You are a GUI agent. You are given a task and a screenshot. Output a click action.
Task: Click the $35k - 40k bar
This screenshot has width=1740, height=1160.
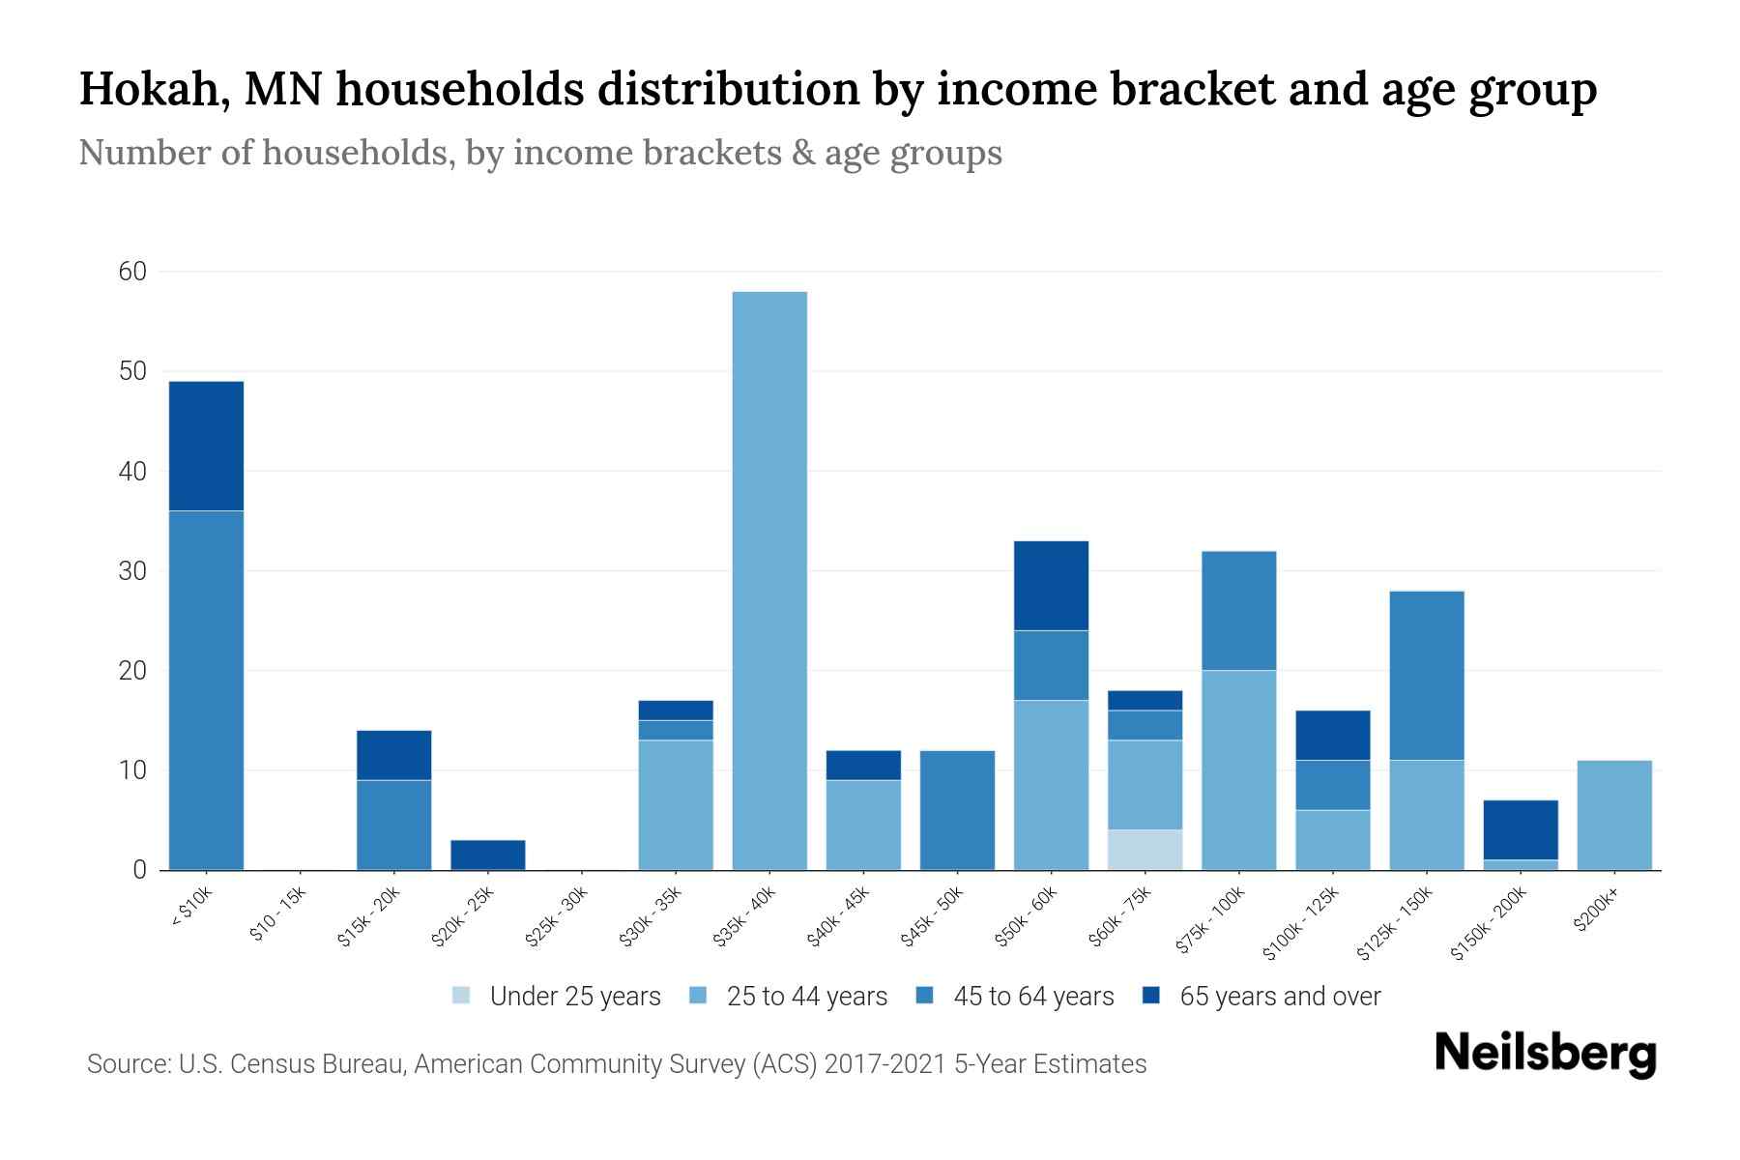pos(769,580)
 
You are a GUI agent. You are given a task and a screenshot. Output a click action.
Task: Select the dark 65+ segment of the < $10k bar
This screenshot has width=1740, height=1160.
pos(206,446)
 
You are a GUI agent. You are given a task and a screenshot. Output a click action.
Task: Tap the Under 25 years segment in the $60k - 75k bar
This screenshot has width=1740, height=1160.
pos(1145,850)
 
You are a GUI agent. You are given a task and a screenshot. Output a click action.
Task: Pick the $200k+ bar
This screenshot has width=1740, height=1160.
pos(1613,815)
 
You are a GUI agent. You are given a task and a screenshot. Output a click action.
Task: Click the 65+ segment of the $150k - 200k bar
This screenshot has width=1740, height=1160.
pos(1520,829)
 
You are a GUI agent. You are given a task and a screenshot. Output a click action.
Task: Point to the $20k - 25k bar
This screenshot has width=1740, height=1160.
pos(487,855)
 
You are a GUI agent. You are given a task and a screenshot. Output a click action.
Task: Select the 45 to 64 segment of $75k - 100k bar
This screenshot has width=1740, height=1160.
pos(1238,610)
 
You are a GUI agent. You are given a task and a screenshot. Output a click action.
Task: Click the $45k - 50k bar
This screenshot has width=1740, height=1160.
pos(957,810)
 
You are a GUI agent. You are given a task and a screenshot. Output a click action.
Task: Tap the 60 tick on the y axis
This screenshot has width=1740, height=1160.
pos(132,272)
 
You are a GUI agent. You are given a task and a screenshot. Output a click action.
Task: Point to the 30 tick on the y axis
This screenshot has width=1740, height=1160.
pos(132,571)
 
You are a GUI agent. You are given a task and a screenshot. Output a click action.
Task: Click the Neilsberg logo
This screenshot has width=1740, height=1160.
pos(1545,1054)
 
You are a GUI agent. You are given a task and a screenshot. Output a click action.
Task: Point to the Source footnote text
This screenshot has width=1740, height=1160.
pos(617,1064)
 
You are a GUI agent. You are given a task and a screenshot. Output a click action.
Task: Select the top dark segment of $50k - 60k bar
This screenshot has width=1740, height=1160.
pos(1051,585)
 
